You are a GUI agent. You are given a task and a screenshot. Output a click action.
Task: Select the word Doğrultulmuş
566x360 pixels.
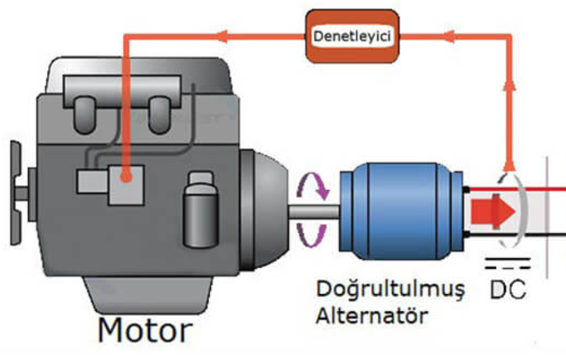[x=390, y=289]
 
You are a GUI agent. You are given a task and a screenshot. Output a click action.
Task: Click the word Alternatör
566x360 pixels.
[x=375, y=317]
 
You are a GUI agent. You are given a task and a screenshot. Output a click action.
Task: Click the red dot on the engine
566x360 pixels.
[x=126, y=178]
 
